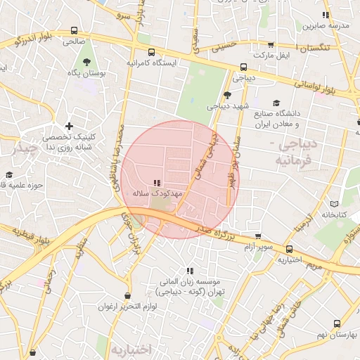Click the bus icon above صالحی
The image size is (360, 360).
coord(74,30)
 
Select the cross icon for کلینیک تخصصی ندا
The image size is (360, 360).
coord(69,125)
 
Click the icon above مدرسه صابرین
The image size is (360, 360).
coord(325,15)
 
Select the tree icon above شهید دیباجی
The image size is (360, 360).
coord(226,96)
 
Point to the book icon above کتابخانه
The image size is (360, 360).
coord(333,203)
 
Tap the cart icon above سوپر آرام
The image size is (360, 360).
coord(258,237)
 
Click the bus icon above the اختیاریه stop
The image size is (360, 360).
coord(288,248)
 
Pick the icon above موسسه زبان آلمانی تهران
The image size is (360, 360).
coord(190,270)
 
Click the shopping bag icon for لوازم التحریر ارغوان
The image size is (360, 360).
coord(127,295)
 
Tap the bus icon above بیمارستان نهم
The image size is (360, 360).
coord(337,324)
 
